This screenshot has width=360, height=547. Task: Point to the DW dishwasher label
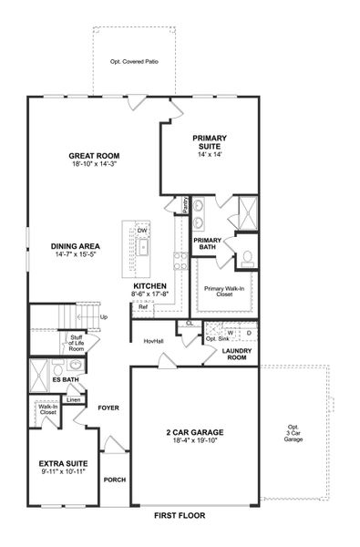(142, 231)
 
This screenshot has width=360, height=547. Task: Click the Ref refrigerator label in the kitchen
(143, 307)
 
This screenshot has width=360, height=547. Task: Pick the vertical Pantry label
(186, 203)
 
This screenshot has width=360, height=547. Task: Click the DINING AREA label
(75, 246)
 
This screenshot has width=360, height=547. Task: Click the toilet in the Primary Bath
(246, 257)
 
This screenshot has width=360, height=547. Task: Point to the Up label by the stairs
(104, 317)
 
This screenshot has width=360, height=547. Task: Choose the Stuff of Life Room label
(77, 342)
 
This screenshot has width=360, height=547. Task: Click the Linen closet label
(75, 399)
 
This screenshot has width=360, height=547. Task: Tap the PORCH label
(114, 480)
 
